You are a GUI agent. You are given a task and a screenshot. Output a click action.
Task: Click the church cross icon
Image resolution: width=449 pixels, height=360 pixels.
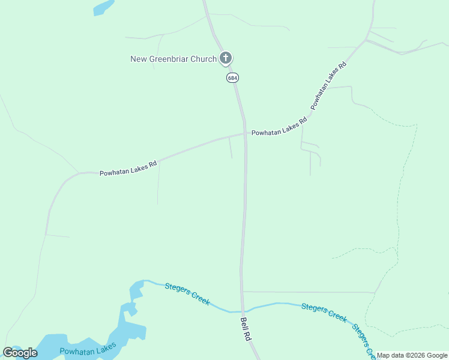[x=226, y=58]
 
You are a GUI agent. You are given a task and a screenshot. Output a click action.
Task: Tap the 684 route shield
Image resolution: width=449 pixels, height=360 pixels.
[x=232, y=78]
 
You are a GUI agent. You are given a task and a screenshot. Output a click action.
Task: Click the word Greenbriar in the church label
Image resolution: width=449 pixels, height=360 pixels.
[x=167, y=59]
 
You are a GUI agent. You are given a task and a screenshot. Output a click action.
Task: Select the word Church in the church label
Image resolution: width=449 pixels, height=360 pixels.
[x=203, y=59]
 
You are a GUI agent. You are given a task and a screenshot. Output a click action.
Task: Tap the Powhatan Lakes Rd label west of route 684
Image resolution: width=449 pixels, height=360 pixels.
[x=128, y=168]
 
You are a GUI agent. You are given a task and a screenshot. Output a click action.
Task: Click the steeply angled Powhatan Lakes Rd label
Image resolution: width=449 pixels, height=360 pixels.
[x=329, y=86]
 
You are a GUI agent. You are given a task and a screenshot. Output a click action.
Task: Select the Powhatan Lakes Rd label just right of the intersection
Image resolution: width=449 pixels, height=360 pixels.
[x=279, y=127]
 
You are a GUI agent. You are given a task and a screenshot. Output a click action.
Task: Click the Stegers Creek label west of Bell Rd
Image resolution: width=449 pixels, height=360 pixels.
[x=187, y=294]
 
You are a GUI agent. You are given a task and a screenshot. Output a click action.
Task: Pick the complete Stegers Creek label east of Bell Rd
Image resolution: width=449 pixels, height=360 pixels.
[x=324, y=313]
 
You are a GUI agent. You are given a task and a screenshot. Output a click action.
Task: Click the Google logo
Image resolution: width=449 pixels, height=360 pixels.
[x=20, y=353]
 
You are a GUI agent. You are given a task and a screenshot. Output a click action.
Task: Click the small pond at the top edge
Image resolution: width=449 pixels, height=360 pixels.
[x=103, y=7]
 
